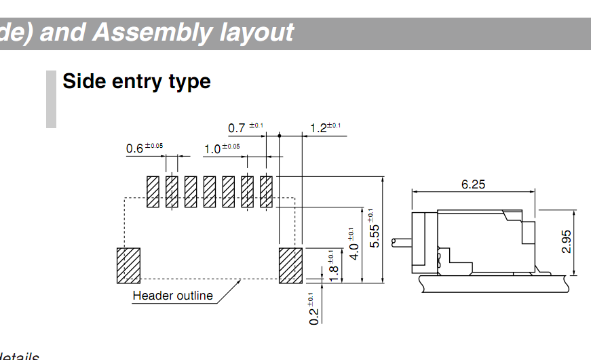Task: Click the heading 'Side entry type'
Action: click(136, 81)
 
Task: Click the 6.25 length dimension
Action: click(473, 184)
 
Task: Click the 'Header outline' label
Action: click(172, 296)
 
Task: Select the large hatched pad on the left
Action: click(128, 265)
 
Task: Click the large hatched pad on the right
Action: click(291, 265)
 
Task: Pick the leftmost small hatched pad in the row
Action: click(153, 192)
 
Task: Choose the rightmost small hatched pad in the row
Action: click(266, 192)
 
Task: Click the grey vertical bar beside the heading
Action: click(51, 99)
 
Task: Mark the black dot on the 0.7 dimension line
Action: click(279, 136)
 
